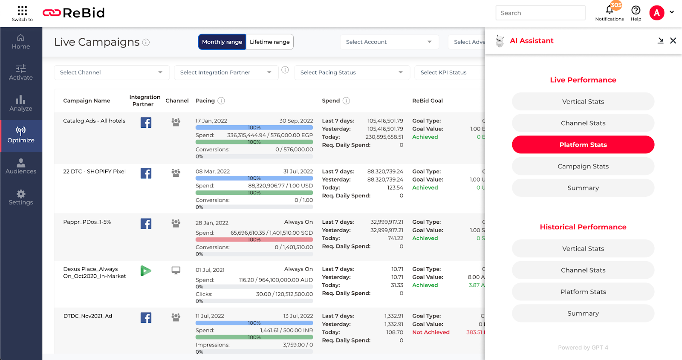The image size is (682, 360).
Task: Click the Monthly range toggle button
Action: tap(222, 42)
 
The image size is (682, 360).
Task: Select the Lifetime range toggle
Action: tap(269, 42)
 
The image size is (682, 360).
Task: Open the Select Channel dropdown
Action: tap(111, 72)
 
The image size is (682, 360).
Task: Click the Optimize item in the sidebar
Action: tap(21, 135)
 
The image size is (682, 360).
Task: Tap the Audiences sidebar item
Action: tap(21, 167)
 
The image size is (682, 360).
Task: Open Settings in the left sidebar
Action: tap(21, 198)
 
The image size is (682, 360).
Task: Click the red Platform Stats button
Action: tap(583, 145)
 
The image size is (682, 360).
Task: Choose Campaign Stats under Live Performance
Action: tap(583, 166)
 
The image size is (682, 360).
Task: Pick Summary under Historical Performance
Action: tap(583, 314)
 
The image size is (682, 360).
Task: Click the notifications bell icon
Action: tap(609, 10)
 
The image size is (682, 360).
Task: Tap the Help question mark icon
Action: tap(636, 10)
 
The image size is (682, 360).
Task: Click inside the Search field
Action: tap(540, 13)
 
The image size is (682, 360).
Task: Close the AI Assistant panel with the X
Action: tap(673, 40)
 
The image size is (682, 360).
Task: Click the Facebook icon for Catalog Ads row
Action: tap(146, 123)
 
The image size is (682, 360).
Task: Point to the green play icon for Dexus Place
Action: tap(146, 271)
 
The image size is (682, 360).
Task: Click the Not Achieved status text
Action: tap(431, 332)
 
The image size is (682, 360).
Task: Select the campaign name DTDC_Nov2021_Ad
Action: tap(88, 316)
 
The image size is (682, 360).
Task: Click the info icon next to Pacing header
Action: tap(221, 101)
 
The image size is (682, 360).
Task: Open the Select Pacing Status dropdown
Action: tap(352, 72)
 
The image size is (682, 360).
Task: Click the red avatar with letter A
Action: tap(656, 13)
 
